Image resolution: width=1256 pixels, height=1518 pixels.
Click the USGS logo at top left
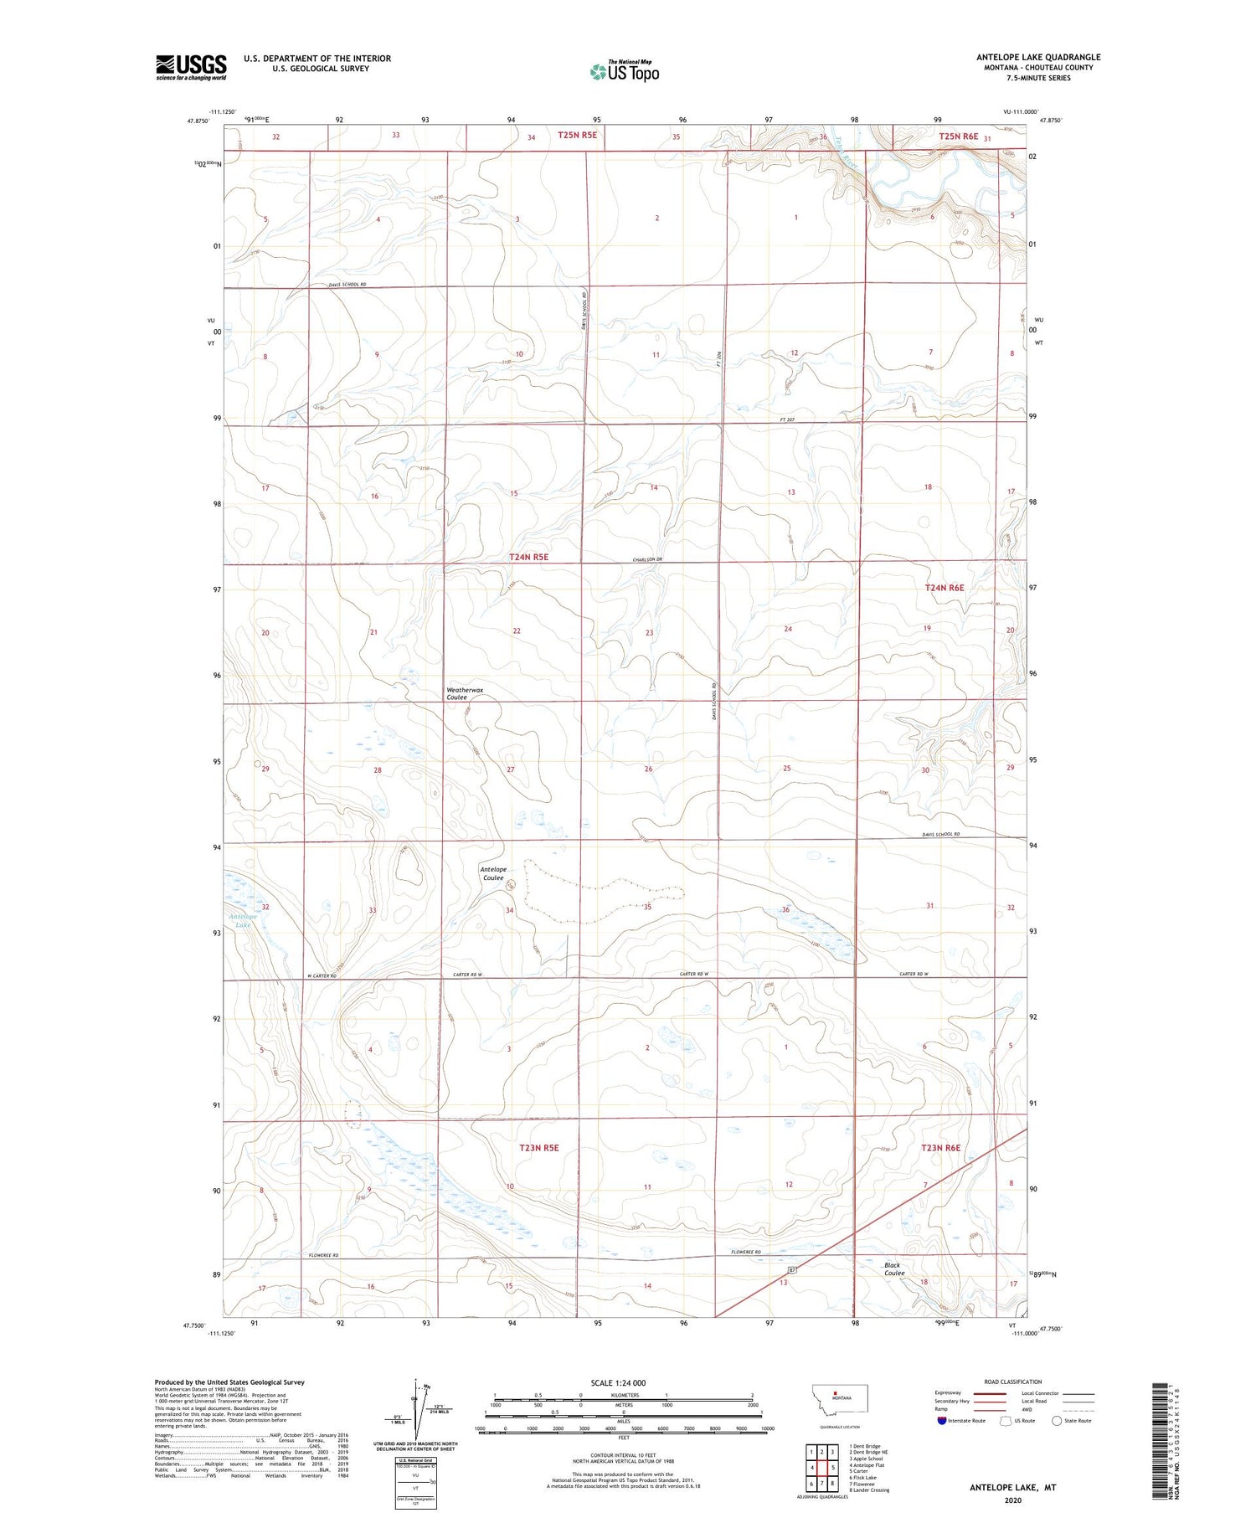[x=191, y=67]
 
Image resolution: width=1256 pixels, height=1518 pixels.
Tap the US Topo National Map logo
[x=624, y=71]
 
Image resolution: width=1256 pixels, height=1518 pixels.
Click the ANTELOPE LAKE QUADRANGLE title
[x=1037, y=57]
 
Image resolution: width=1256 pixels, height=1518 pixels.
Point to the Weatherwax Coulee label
[x=465, y=693]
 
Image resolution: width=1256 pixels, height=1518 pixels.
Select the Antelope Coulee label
[x=492, y=873]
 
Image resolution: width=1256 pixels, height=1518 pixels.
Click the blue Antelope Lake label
[x=244, y=920]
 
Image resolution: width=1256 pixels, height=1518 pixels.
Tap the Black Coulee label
[x=893, y=1268]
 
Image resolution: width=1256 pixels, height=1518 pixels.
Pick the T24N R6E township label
[x=944, y=588]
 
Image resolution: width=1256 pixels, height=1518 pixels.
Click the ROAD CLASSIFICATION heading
[x=1013, y=1382]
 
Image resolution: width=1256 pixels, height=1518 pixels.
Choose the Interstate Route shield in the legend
[x=944, y=1421]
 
